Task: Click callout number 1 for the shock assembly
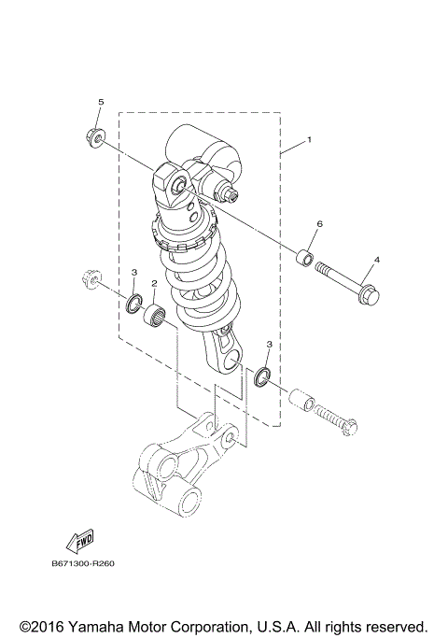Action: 310,141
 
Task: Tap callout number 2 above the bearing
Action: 153,282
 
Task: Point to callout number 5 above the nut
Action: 102,102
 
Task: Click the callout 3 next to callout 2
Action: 133,272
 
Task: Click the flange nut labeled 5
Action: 97,137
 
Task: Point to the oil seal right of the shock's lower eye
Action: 262,376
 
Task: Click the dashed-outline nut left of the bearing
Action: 91,277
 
